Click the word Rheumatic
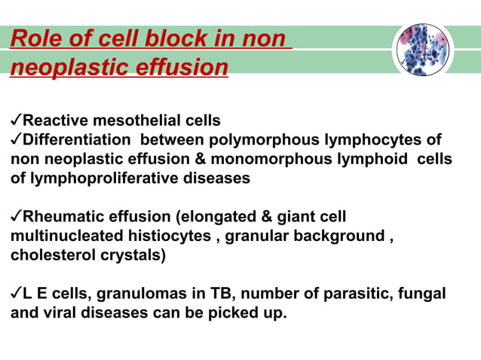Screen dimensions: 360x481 pos(61,218)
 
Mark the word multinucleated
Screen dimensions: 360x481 pos(60,236)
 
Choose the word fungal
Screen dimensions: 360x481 pos(424,294)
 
